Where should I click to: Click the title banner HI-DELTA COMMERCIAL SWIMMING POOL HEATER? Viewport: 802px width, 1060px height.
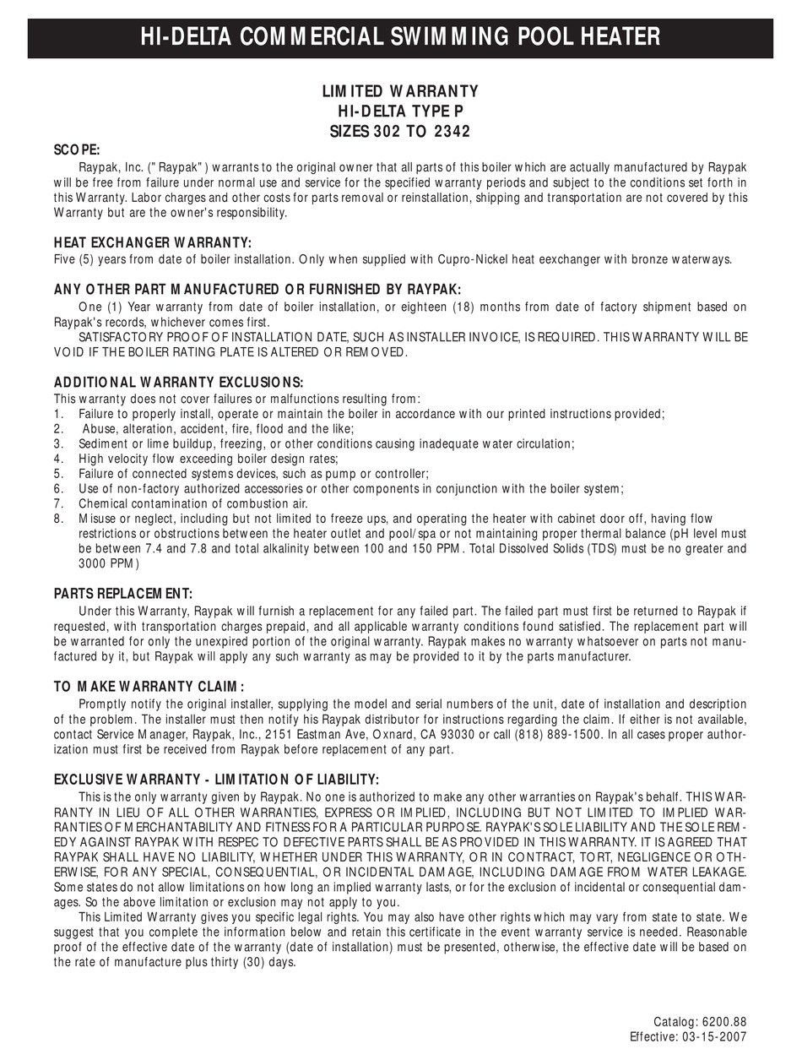click(400, 37)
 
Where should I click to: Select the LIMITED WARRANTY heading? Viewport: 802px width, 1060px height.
click(400, 91)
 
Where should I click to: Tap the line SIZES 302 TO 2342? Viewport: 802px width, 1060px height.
click(400, 131)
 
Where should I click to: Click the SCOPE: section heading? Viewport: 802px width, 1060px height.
click(77, 149)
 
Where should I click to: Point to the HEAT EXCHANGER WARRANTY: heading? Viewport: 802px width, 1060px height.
click(152, 242)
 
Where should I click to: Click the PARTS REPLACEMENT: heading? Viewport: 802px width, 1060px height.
click(123, 593)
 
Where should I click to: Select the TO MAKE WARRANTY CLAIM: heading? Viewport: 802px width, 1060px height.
click(149, 687)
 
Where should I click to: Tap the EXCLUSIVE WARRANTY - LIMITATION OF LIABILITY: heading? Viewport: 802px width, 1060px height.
click(216, 779)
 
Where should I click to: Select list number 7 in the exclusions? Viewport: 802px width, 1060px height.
click(58, 504)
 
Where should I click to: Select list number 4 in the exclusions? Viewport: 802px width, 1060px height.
click(58, 459)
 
